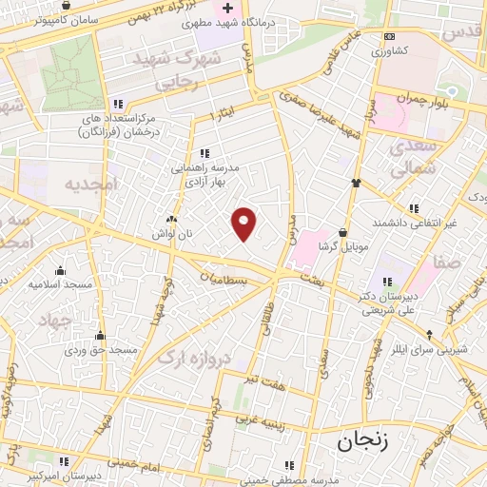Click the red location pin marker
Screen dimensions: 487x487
pyautogui.click(x=244, y=224)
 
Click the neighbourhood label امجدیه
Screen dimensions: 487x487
pyautogui.click(x=88, y=185)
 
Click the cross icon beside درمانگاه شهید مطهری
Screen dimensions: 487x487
pyautogui.click(x=226, y=9)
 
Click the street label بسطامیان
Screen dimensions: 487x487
pyautogui.click(x=226, y=281)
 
